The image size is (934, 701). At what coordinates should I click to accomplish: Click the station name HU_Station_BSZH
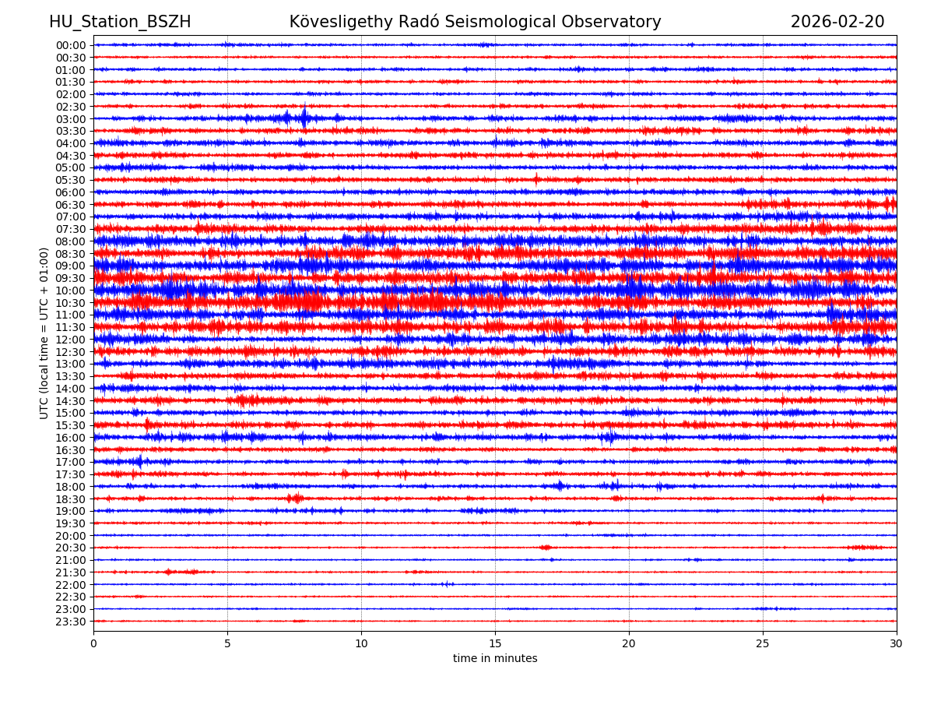[120, 23]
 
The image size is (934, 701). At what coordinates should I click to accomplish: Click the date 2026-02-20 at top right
[837, 23]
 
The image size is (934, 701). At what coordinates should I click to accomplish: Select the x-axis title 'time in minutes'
[495, 659]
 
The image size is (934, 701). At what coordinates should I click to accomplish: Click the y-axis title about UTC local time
[44, 333]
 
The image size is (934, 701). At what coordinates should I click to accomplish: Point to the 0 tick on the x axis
[93, 644]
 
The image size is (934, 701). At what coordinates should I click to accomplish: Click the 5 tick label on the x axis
[227, 644]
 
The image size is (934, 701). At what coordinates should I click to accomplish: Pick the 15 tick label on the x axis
[495, 644]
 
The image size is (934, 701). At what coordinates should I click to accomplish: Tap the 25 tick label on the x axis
[763, 644]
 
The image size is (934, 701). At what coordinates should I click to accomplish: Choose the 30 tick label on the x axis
[897, 644]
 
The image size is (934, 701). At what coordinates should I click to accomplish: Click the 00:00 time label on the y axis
[70, 45]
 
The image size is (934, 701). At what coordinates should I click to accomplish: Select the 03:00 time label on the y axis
[70, 119]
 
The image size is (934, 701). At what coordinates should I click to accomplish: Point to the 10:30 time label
[70, 303]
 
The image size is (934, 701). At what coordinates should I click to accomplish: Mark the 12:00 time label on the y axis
[70, 340]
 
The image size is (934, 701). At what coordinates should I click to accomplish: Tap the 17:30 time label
[70, 474]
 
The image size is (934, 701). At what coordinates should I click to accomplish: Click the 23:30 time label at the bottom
[70, 622]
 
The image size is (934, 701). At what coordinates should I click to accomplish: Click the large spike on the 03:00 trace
[304, 118]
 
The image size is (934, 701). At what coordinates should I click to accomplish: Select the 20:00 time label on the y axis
[70, 536]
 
